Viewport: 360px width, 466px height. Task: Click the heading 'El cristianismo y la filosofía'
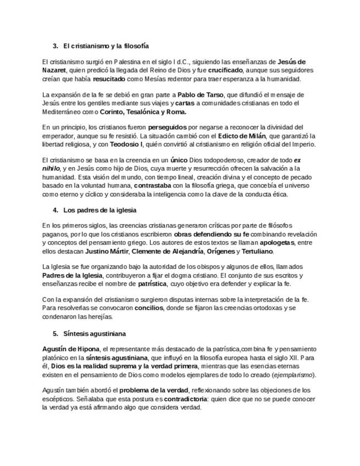(x=106, y=46)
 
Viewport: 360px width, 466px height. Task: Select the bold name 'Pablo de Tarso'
(x=200, y=95)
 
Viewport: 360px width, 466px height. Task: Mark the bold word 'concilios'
(x=146, y=308)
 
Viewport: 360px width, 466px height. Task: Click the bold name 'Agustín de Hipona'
(x=71, y=349)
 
